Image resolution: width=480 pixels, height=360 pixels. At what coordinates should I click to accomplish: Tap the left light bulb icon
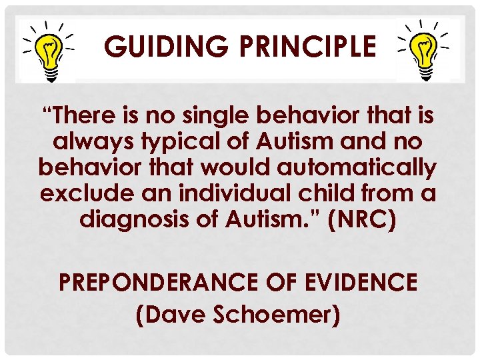coord(47,49)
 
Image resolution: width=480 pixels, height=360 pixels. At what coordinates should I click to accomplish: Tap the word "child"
coord(325,195)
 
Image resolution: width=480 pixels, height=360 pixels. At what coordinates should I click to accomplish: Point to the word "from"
coord(389,195)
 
